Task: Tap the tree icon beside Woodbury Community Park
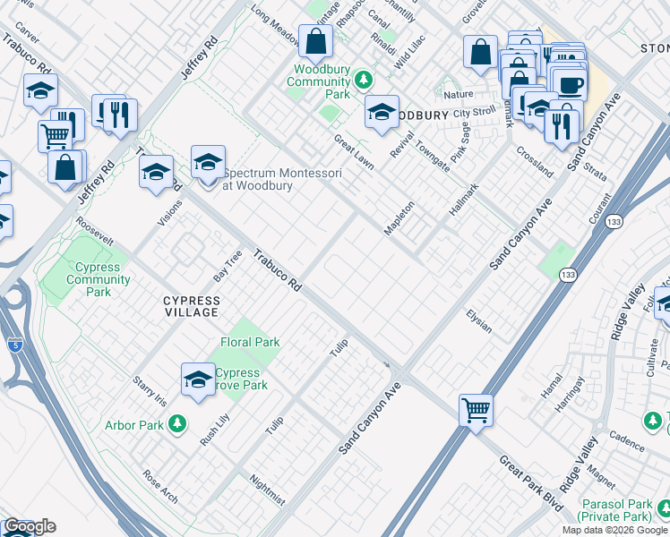364,81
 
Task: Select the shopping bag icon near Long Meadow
315,41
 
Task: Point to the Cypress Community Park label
99,279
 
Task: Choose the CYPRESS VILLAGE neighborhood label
191,306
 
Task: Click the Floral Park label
250,342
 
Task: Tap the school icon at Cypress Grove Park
198,379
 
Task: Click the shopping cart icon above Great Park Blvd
476,411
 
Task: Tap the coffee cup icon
570,85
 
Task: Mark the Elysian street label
478,321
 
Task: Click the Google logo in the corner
30,526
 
